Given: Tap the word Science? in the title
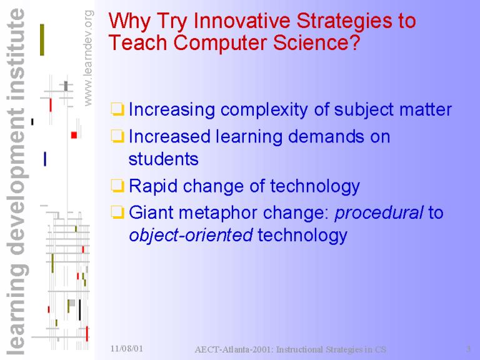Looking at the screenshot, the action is pyautogui.click(x=316, y=42).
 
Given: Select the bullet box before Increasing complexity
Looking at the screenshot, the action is pyautogui.click(x=117, y=109).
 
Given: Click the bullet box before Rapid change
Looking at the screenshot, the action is pyautogui.click(x=117, y=186).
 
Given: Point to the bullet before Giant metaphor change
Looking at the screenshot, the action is pyautogui.click(x=117, y=212).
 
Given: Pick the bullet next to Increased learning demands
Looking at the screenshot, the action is pyautogui.click(x=117, y=136).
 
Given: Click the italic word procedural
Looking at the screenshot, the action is pyautogui.click(x=379, y=212).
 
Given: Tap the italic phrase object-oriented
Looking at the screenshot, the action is pyautogui.click(x=191, y=235).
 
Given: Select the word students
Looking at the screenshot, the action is pyautogui.click(x=164, y=159).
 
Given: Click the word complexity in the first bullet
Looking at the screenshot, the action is pyautogui.click(x=264, y=110).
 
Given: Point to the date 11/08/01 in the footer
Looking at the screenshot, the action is pyautogui.click(x=127, y=348).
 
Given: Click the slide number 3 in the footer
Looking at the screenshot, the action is pyautogui.click(x=468, y=349).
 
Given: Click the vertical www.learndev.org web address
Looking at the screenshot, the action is pyautogui.click(x=88, y=58).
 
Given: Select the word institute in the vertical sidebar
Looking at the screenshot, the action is pyautogui.click(x=16, y=54).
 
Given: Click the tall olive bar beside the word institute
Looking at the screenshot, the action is pyautogui.click(x=42, y=40).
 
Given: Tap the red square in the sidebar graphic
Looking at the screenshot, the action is pyautogui.click(x=74, y=135).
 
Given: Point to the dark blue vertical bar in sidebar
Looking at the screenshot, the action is pyautogui.click(x=45, y=159).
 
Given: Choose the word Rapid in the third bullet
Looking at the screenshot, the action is pyautogui.click(x=153, y=187).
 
